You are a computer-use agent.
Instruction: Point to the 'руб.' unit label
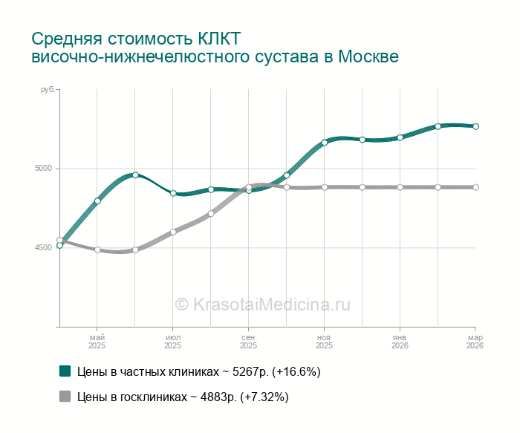46,90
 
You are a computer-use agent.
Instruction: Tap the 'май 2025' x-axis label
97,342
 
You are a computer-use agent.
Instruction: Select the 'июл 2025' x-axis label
172,342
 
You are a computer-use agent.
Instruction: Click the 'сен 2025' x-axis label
248,342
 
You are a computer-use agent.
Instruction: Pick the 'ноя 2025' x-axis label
324,342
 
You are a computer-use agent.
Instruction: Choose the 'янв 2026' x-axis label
400,342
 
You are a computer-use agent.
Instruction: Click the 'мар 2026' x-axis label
475,342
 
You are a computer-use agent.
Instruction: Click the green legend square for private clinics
65,371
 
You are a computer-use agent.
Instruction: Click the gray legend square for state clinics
65,397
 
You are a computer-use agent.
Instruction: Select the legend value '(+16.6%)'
296,371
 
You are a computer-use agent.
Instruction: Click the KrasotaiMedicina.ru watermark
262,304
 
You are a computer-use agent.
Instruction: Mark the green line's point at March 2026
475,126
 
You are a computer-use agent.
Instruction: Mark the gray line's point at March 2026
475,187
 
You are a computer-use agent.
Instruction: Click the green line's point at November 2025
324,142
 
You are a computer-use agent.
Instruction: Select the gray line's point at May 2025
97,250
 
